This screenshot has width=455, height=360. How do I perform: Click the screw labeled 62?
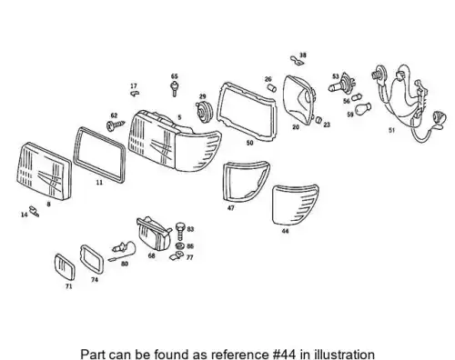click(116, 125)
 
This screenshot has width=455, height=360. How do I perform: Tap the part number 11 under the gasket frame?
click(99, 183)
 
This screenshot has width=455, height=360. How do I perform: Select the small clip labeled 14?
click(34, 211)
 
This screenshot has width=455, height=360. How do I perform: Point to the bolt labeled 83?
click(180, 231)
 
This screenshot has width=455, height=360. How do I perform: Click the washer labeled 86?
click(179, 245)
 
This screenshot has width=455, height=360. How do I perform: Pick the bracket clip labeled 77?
click(177, 255)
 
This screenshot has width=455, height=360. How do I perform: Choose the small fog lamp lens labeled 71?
click(65, 267)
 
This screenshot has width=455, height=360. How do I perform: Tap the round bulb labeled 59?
click(362, 109)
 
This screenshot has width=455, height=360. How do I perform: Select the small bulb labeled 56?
click(357, 97)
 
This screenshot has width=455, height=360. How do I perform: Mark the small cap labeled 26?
click(272, 88)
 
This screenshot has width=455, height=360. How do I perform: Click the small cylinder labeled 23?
click(318, 119)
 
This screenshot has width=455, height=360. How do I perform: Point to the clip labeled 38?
click(297, 61)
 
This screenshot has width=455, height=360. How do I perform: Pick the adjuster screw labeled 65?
click(175, 89)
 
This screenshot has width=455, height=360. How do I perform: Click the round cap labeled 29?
click(204, 112)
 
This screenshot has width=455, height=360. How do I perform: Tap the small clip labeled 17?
click(135, 93)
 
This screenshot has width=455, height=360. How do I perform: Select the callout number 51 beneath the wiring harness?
click(391, 130)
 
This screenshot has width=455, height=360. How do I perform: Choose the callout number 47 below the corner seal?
click(230, 208)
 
